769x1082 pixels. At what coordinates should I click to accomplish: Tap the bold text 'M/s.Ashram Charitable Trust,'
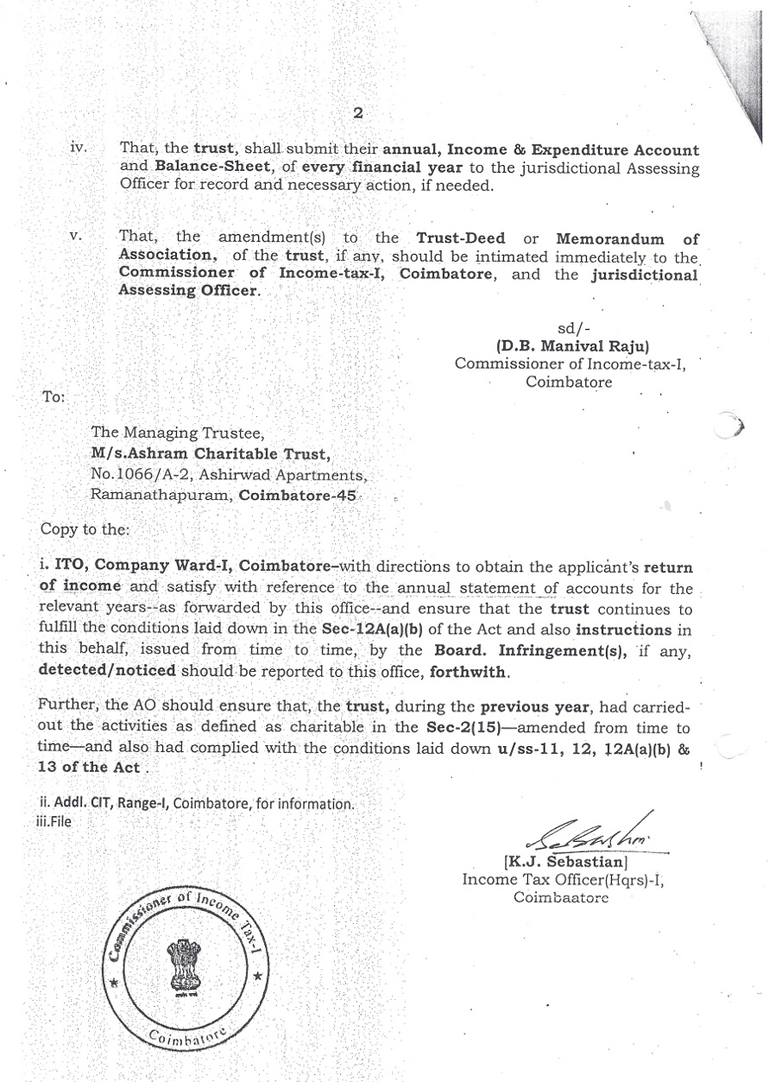pyautogui.click(x=211, y=454)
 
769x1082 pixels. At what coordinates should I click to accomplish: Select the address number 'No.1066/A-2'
pyautogui.click(x=136, y=474)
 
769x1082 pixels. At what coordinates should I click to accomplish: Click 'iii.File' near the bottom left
pyautogui.click(x=49, y=821)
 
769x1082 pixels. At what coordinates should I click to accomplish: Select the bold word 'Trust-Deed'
pyautogui.click(x=457, y=237)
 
